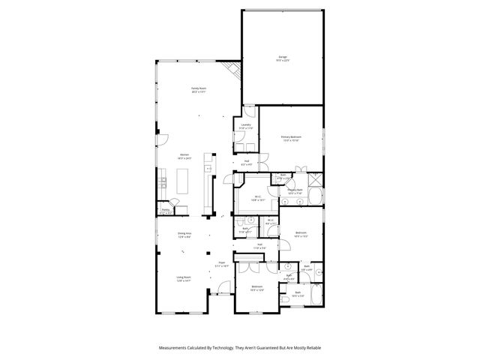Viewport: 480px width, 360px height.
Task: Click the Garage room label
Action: point(283,58)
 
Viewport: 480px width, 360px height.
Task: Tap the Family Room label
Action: point(198,89)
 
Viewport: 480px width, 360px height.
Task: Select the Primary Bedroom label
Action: point(291,138)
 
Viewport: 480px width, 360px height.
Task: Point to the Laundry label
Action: point(246,126)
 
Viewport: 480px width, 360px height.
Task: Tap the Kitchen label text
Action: point(184,157)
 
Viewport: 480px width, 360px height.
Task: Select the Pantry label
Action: point(165,211)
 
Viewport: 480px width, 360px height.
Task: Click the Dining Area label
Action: point(184,235)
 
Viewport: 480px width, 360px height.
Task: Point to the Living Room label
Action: point(183,279)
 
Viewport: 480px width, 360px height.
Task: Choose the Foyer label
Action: point(222,264)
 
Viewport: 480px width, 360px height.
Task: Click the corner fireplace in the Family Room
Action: point(235,70)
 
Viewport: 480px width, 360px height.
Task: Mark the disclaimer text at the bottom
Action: point(240,347)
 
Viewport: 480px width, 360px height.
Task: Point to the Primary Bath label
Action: point(295,191)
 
